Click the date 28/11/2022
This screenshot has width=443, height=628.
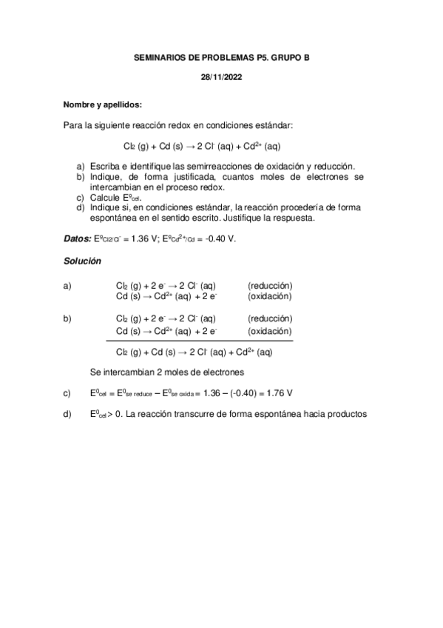pyautogui.click(x=221, y=76)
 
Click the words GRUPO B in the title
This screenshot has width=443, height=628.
pyautogui.click(x=291, y=56)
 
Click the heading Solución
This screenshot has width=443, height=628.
pyautogui.click(x=81, y=261)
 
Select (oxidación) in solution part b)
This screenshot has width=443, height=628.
pyautogui.click(x=269, y=331)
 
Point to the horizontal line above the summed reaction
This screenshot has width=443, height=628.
pyautogui.click(x=200, y=341)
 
